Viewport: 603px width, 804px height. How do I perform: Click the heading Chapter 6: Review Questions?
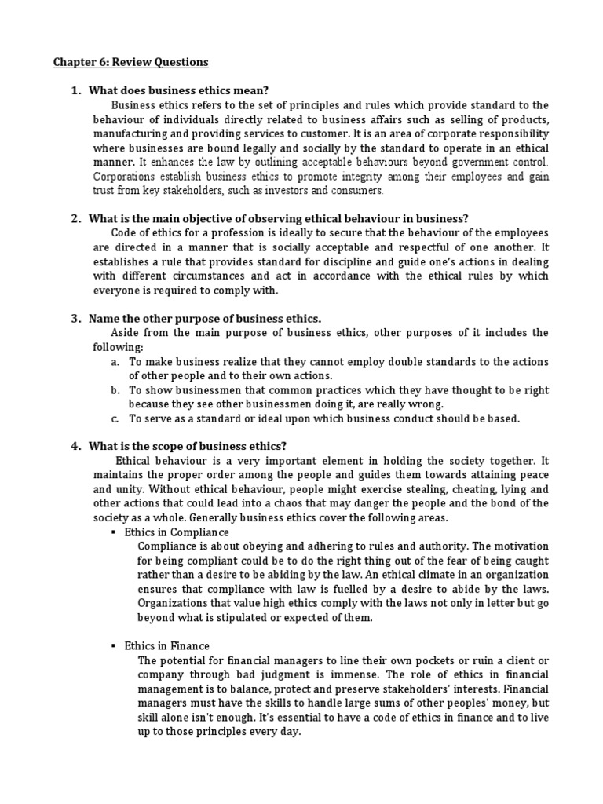tap(131, 61)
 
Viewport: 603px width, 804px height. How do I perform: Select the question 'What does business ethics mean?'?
tap(185, 91)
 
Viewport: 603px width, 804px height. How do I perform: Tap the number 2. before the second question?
tap(76, 218)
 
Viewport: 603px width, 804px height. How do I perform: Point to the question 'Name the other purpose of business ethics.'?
tap(205, 318)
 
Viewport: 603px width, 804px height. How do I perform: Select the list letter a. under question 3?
tap(115, 361)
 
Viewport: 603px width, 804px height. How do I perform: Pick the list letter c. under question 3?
tap(115, 418)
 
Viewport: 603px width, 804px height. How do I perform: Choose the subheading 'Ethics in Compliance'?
tap(177, 532)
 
